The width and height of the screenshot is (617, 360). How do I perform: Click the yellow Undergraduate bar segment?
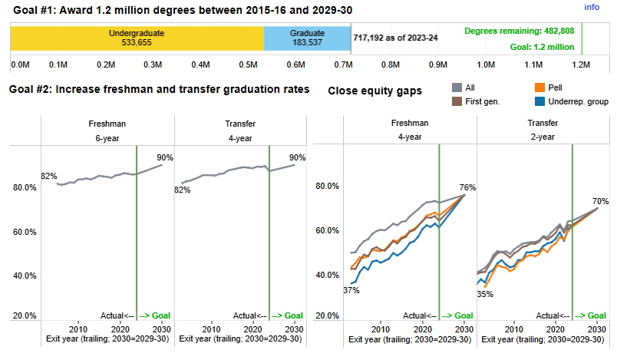(137, 38)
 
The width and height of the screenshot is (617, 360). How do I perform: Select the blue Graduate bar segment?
(306, 38)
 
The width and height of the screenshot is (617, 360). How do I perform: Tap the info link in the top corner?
(592, 7)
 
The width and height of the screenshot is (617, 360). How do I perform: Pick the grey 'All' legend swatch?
(457, 88)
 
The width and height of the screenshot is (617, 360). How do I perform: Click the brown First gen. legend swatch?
(457, 101)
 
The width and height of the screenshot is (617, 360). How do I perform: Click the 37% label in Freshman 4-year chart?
(351, 290)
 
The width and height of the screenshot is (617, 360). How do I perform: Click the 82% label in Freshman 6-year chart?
(49, 176)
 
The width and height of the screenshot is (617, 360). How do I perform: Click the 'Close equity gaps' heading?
(374, 91)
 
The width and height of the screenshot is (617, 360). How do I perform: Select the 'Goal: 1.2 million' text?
(542, 47)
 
